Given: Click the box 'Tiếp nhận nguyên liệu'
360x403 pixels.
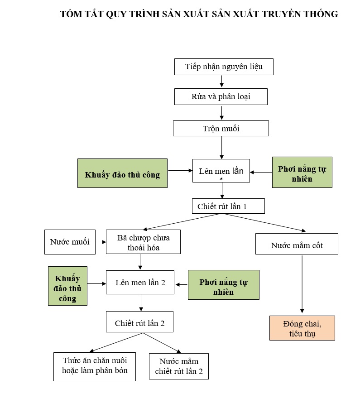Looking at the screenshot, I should (224, 67).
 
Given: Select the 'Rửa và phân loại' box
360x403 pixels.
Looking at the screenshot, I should (221, 96).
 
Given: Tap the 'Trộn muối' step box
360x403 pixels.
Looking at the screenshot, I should (221, 129).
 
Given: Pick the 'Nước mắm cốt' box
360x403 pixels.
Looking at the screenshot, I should (297, 245).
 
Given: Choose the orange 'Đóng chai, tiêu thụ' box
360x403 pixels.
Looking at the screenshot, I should (302, 328).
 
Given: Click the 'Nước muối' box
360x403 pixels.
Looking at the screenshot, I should (70, 241).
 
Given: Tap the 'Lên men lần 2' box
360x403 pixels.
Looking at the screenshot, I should (140, 282).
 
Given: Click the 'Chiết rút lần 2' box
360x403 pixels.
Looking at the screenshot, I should (139, 323).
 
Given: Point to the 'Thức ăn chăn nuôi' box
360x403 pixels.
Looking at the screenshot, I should (95, 366).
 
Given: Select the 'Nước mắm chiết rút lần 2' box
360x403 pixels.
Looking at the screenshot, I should (178, 366).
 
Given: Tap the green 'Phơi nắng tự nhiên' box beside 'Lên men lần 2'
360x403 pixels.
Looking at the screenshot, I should (223, 285).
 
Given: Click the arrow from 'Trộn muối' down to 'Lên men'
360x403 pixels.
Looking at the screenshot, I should (221, 147).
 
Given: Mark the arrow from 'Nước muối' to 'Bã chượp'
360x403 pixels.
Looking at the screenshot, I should (101, 241).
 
